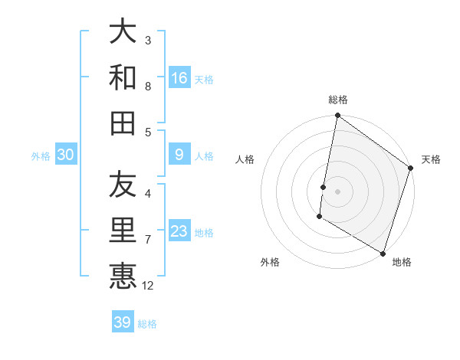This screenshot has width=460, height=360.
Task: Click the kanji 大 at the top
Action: point(123,31)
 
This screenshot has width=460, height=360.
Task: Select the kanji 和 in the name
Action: point(123,77)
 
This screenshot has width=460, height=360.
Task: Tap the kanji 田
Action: point(123,123)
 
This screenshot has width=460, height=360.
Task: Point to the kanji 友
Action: point(123,185)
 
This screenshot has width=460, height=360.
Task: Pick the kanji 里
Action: point(123,231)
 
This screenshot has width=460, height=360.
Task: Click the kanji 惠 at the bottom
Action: point(123,277)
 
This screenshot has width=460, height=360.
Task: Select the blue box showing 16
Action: point(179,77)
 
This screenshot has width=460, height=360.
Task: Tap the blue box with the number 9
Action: point(179,155)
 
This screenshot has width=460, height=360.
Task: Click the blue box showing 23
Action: point(179,231)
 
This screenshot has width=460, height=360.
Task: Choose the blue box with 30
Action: point(65,155)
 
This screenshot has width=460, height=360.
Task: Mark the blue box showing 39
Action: point(123,322)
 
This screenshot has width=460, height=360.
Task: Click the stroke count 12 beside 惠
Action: point(148,286)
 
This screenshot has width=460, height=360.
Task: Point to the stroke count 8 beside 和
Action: point(148,86)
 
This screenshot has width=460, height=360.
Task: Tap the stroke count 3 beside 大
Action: point(148,40)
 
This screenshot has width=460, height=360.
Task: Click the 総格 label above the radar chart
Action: point(338,100)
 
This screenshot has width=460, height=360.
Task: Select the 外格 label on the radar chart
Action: point(270,262)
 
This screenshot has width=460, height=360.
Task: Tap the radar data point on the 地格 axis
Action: point(382,253)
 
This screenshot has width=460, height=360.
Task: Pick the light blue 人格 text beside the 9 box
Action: point(204,156)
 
